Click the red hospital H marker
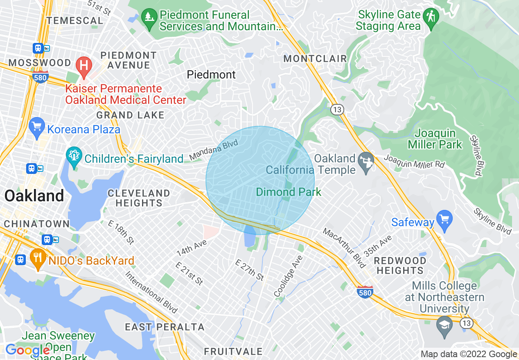coord(84,65)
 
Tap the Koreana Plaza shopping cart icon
coord(37,127)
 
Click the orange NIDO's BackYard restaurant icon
coord(37,258)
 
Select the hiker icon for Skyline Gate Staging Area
coord(431,17)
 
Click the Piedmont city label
coord(211,74)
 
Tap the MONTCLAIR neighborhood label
coord(315,59)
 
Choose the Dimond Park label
coord(289,192)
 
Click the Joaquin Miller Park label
coord(435,139)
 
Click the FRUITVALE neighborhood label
coord(233,351)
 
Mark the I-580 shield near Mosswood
coord(41,76)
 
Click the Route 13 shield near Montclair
coord(337,110)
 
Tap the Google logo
coord(27,350)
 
